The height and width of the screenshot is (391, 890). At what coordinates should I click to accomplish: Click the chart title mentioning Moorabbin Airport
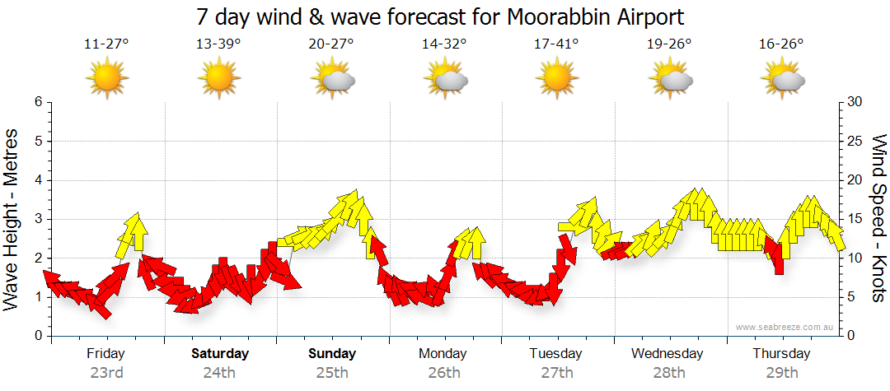point(441,16)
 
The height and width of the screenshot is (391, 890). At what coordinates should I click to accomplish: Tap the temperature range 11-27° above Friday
point(106,44)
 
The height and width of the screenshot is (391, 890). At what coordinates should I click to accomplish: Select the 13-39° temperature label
point(218,44)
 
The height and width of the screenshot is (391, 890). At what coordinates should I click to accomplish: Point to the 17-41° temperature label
point(556,44)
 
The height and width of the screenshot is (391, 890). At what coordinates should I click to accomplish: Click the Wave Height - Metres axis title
point(12,219)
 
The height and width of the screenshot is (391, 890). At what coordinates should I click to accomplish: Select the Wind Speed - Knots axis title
point(878,219)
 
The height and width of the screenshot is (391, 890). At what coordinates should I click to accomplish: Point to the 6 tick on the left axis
point(37,102)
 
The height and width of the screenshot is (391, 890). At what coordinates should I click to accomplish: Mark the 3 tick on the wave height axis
point(37,219)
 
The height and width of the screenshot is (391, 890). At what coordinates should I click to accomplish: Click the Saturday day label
point(220,354)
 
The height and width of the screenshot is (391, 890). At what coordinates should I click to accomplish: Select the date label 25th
point(332,373)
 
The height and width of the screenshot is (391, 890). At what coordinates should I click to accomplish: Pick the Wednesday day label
point(667,354)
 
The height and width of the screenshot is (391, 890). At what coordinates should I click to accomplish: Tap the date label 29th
point(782,373)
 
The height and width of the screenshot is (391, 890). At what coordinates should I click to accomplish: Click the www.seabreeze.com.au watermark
point(785,327)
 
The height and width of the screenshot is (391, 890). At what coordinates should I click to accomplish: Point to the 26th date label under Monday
point(444,373)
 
